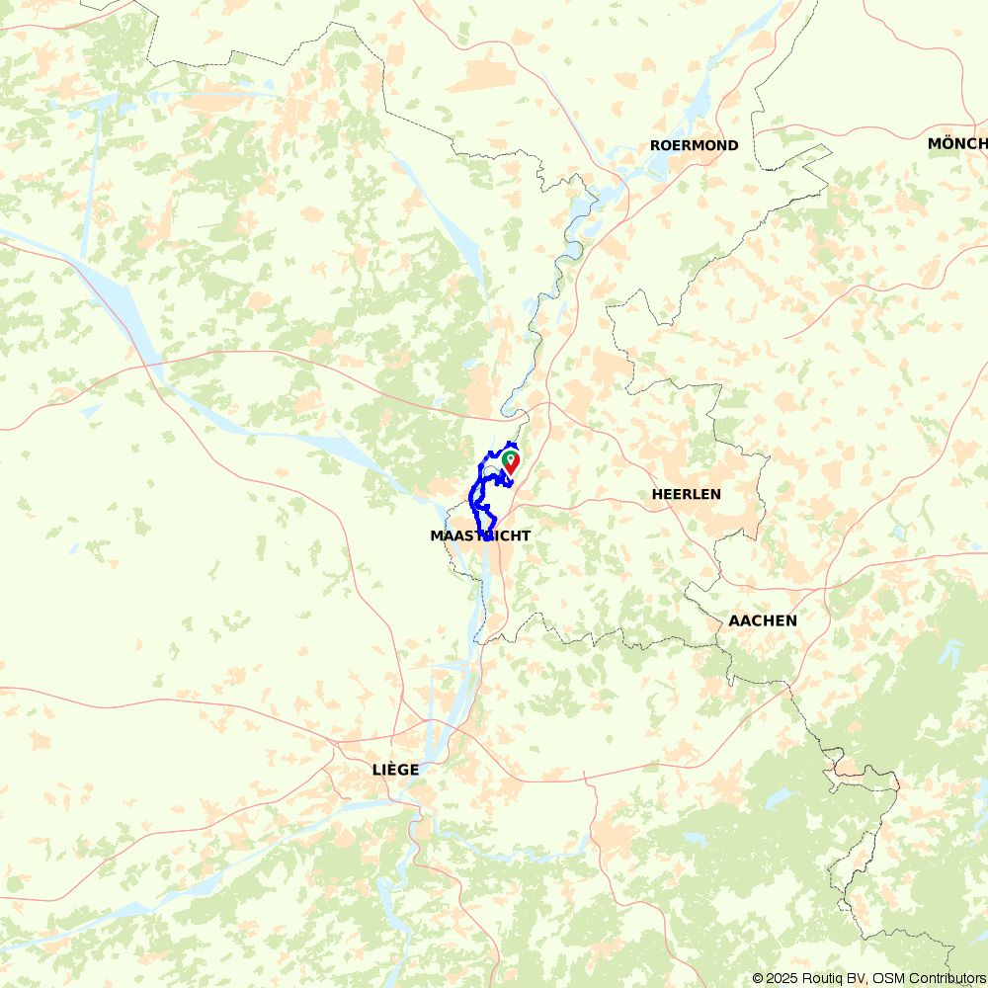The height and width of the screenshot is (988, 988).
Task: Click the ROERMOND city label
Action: [x=694, y=145]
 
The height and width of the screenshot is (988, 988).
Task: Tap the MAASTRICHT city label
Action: [x=480, y=535]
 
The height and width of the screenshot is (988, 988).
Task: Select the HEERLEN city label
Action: [x=687, y=494]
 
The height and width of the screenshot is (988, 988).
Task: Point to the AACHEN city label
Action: [x=763, y=621]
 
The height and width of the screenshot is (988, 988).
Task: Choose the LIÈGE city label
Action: [x=395, y=769]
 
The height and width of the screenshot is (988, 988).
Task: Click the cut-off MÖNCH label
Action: [x=956, y=144]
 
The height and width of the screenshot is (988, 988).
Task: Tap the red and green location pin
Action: [x=511, y=461]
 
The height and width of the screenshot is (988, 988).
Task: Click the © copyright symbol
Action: [x=758, y=978]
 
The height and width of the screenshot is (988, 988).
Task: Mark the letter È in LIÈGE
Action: [x=390, y=769]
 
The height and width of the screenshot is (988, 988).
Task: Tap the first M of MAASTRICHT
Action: [x=437, y=535]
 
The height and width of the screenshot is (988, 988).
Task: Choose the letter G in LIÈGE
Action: [x=401, y=769]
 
